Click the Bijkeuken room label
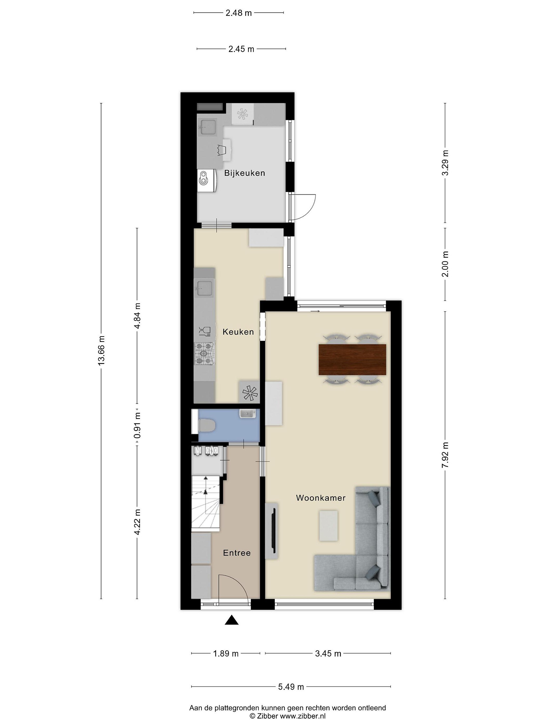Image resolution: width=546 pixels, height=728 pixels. pos(244,173)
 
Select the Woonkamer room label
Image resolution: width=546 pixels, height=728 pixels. pos(321,498)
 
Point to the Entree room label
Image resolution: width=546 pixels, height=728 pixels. pos(237,553)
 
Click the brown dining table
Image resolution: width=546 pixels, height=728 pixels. pos(352,359)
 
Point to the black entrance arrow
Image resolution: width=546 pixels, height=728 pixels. pos(232,620)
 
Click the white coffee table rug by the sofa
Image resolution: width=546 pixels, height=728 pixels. pos(328,525)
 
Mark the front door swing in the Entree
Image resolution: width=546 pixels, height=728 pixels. pos(233,589)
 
